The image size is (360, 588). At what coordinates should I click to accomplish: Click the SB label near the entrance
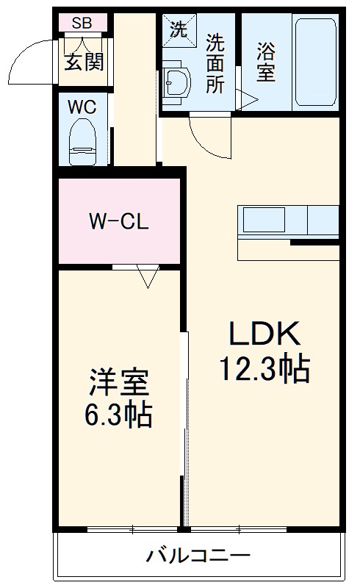coord(82,23)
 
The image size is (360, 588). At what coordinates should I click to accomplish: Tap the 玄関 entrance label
coord(84,62)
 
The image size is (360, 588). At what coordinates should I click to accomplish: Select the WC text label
coord(82,106)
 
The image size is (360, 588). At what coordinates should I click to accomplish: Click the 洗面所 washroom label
coord(215,63)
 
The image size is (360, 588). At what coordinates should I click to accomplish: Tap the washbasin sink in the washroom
coord(176,85)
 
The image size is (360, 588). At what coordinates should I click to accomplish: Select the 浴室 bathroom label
coord(265,62)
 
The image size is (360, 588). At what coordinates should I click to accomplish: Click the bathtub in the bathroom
coord(315,62)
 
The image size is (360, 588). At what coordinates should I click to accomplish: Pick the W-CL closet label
coord(119,220)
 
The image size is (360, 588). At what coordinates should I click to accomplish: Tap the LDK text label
coord(264,334)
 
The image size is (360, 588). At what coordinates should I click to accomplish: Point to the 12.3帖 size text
coord(264,368)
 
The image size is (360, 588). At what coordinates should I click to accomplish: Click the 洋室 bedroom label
coord(119,382)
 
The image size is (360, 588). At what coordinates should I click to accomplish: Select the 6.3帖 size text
coord(118,416)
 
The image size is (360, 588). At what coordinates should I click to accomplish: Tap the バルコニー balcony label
coord(198,555)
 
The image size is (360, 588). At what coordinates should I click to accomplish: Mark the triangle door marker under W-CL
coord(148,277)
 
